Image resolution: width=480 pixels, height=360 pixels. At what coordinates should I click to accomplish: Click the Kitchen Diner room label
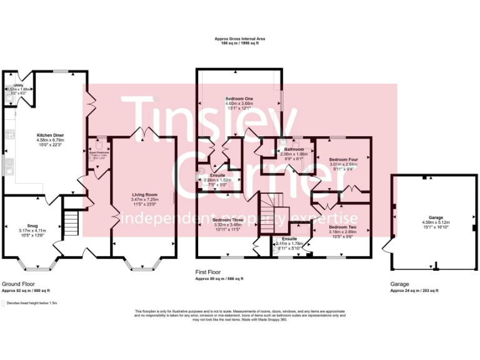[x=51, y=135]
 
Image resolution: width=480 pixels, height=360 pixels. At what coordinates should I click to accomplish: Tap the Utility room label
[x=18, y=84]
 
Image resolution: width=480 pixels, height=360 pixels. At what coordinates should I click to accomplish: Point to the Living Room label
[x=143, y=194]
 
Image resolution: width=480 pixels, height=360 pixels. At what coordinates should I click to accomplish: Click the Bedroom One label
[x=239, y=99]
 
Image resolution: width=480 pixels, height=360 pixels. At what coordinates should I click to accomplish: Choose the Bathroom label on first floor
[x=293, y=149]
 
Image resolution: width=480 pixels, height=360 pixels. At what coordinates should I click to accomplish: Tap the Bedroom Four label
[x=342, y=159]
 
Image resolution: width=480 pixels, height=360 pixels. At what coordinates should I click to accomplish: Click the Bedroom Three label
[x=227, y=220]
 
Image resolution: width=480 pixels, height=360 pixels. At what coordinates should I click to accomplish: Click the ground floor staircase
[x=71, y=222]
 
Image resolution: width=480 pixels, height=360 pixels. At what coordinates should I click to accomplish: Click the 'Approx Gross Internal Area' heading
[x=239, y=39]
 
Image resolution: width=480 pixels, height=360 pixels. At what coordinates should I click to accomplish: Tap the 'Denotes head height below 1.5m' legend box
[x=4, y=302]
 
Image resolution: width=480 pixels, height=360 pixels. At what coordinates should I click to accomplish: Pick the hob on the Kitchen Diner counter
[x=9, y=133]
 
